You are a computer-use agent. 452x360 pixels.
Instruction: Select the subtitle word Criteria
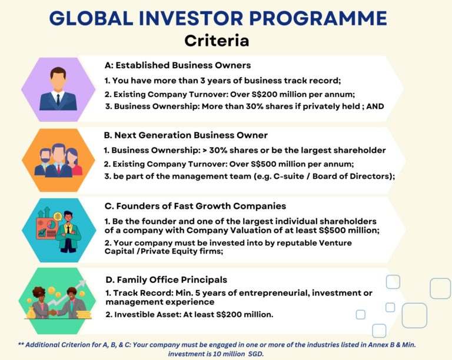pyautogui.click(x=216, y=41)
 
